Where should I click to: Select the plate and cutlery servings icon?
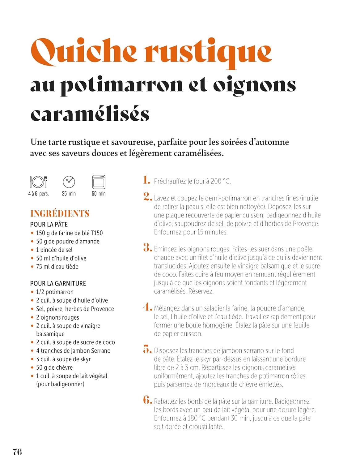click(x=39, y=182)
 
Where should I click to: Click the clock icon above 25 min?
click(x=69, y=182)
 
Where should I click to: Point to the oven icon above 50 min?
click(x=99, y=182)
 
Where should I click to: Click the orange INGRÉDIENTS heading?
click(x=60, y=213)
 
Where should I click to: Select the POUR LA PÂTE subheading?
click(x=49, y=224)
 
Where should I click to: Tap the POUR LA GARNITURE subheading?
click(x=58, y=283)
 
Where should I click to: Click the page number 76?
click(x=17, y=452)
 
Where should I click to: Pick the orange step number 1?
click(x=146, y=180)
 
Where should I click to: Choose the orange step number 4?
click(x=147, y=307)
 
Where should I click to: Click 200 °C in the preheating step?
click(x=221, y=181)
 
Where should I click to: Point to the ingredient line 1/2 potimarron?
click(x=55, y=292)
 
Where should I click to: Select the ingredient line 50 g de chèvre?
click(x=54, y=367)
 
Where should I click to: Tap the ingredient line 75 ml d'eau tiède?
click(x=57, y=266)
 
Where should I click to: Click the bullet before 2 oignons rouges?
click(x=32, y=317)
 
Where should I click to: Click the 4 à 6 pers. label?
click(x=39, y=194)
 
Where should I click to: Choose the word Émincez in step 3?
click(x=166, y=249)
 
